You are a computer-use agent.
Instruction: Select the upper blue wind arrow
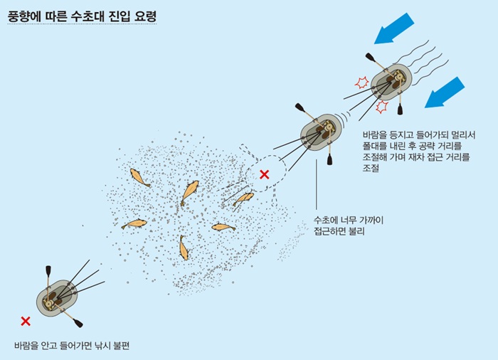pyautogui.click(x=394, y=28)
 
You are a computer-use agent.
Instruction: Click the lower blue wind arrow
pyautogui.click(x=445, y=92)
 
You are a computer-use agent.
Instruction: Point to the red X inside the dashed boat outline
pyautogui.click(x=264, y=174)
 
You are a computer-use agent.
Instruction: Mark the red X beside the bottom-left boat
pyautogui.click(x=26, y=322)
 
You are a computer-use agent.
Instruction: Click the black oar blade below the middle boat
pyautogui.click(x=329, y=159)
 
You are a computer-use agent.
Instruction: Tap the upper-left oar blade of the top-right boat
pyautogui.click(x=371, y=57)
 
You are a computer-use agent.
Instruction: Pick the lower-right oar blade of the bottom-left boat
pyautogui.click(x=78, y=323)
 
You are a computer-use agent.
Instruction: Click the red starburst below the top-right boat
pyautogui.click(x=382, y=107)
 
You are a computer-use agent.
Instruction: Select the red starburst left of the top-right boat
pyautogui.click(x=361, y=83)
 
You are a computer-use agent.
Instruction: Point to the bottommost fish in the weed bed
pyautogui.click(x=184, y=248)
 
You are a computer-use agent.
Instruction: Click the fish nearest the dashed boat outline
pyautogui.click(x=243, y=198)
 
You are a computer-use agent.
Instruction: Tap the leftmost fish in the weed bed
pyautogui.click(x=134, y=223)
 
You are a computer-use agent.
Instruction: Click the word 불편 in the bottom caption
pyautogui.click(x=121, y=345)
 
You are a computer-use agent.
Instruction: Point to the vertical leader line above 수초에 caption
pyautogui.click(x=317, y=184)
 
